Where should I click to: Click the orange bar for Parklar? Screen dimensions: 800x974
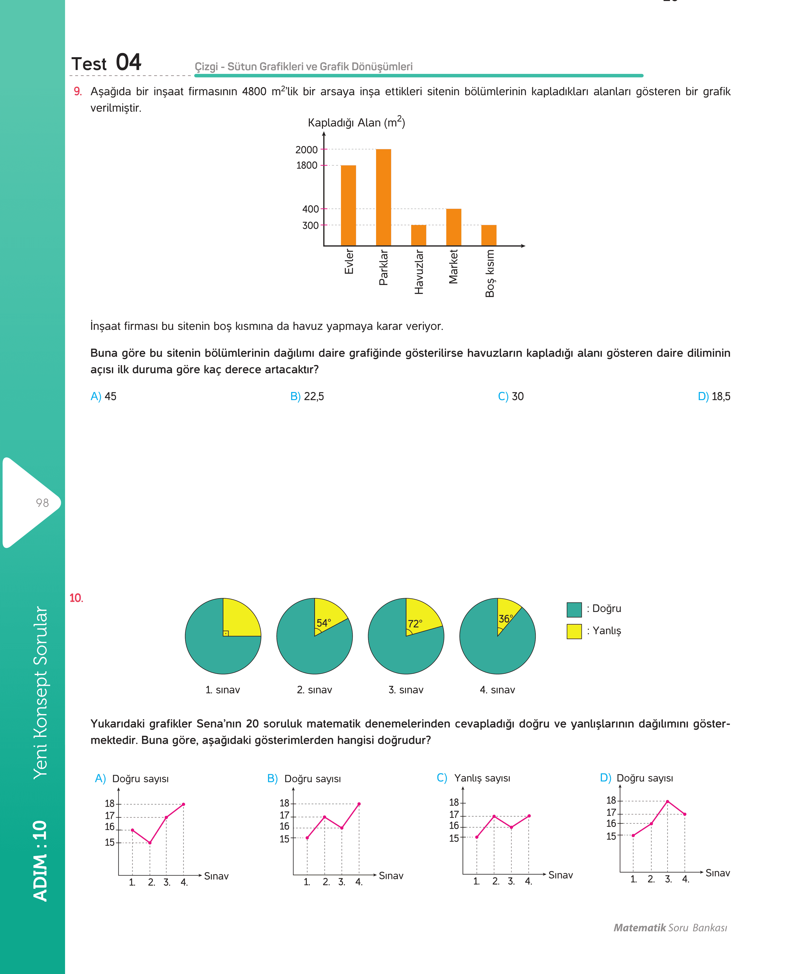pyautogui.click(x=383, y=197)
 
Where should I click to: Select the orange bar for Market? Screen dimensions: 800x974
pyautogui.click(x=453, y=227)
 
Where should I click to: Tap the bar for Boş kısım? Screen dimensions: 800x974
pyautogui.click(x=489, y=235)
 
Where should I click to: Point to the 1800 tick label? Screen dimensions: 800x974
pyautogui.click(x=306, y=165)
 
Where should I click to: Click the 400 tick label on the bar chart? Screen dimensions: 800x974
pyautogui.click(x=310, y=209)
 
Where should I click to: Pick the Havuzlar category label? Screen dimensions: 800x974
pyautogui.click(x=419, y=272)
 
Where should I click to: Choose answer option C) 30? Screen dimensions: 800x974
pyautogui.click(x=511, y=396)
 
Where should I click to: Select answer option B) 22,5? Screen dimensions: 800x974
pyautogui.click(x=307, y=396)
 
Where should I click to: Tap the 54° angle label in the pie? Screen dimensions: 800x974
pyautogui.click(x=324, y=623)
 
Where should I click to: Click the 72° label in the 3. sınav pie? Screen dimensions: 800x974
pyautogui.click(x=415, y=624)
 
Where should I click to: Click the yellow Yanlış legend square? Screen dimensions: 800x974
pyautogui.click(x=574, y=631)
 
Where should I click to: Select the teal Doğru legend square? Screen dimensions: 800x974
pyautogui.click(x=574, y=609)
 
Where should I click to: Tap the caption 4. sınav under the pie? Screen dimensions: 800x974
pyautogui.click(x=497, y=690)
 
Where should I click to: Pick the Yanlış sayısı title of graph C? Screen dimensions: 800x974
pyautogui.click(x=482, y=778)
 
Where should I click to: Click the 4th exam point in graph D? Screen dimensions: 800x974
pyautogui.click(x=685, y=814)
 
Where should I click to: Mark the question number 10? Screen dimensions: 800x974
pyautogui.click(x=76, y=598)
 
